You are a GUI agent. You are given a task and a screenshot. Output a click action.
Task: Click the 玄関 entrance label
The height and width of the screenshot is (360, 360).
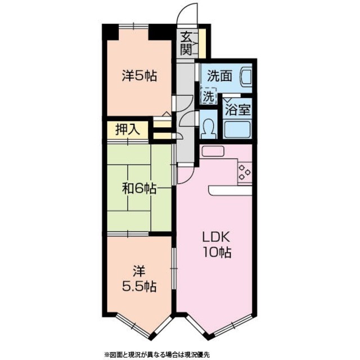pyautogui.click(x=186, y=43)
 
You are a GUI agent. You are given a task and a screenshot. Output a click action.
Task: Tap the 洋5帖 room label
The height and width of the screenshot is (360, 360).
pyautogui.click(x=139, y=76)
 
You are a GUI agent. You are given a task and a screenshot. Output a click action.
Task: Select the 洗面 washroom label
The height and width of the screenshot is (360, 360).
pyautogui.click(x=219, y=76)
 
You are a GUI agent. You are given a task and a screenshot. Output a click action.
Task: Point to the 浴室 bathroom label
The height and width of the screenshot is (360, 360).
pyautogui.click(x=237, y=110)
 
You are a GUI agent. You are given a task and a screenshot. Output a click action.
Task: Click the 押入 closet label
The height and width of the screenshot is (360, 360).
pyautogui.click(x=128, y=130)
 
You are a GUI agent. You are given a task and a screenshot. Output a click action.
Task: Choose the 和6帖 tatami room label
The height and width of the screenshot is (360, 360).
pyautogui.click(x=139, y=189)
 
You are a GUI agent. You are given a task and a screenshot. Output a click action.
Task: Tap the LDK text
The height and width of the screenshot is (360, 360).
pyautogui.click(x=215, y=238)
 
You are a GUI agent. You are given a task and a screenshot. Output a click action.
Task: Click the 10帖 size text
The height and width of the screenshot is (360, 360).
pyautogui.click(x=217, y=252)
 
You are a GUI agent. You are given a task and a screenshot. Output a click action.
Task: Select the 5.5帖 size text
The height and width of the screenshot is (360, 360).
pyautogui.click(x=139, y=286)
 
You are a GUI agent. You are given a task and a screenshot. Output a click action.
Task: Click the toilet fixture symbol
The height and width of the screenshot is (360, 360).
pyautogui.click(x=209, y=128)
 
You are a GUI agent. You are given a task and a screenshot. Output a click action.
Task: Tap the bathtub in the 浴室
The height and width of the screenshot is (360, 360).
pyautogui.click(x=237, y=129)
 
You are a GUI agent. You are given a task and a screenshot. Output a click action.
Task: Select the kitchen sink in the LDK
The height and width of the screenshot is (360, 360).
pyautogui.click(x=213, y=151)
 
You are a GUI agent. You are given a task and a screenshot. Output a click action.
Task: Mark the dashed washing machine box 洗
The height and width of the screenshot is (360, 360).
pyautogui.click(x=209, y=96)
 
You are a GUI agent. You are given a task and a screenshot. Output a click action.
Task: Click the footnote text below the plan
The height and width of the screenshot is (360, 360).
pyautogui.click(x=157, y=354)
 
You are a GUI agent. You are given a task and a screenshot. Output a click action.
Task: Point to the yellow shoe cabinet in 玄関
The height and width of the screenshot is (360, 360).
pyautogui.click(x=202, y=44)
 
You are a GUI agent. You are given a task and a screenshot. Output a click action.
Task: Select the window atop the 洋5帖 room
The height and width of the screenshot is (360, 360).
pyautogui.click(x=134, y=26)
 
